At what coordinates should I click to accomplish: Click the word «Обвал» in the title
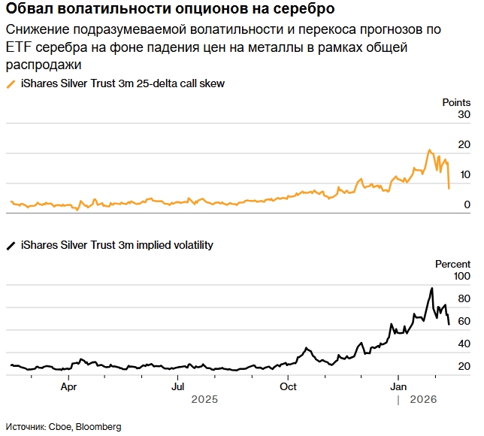click(x=29, y=10)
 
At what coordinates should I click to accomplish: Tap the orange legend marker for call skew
click(x=11, y=83)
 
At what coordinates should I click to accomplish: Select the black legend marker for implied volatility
click(x=11, y=245)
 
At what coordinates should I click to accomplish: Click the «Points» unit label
click(x=455, y=101)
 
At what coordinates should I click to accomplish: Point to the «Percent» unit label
click(x=453, y=264)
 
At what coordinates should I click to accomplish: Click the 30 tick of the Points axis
click(x=464, y=114)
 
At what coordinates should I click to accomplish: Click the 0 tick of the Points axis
click(x=467, y=204)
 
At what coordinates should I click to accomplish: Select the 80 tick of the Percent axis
click(x=464, y=299)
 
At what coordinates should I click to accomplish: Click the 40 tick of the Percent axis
click(x=464, y=344)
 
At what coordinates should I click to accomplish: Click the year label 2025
click(x=204, y=400)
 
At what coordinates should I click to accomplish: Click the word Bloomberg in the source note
click(x=96, y=426)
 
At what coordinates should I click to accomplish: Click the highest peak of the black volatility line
click(x=431, y=288)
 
